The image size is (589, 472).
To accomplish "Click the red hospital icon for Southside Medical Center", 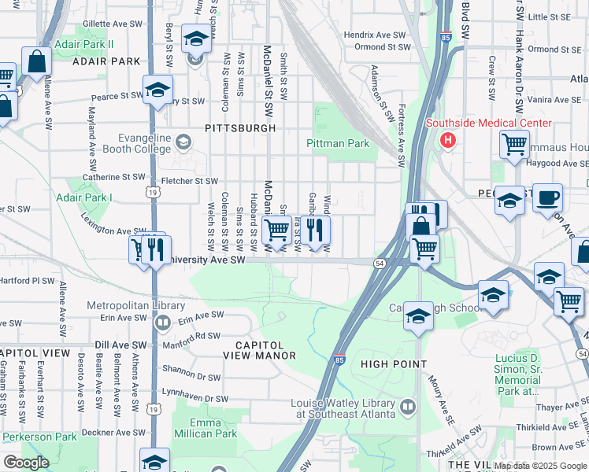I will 448,142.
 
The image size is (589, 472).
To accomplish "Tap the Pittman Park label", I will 338,144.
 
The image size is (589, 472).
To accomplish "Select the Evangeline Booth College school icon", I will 183,142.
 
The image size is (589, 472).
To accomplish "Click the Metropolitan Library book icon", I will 163,322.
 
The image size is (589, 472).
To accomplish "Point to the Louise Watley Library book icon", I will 407,407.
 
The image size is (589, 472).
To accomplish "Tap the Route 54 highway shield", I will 380,264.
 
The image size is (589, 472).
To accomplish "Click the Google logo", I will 25,463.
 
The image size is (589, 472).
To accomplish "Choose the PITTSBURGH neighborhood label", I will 240,127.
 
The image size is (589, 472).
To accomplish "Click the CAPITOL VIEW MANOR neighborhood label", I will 265,350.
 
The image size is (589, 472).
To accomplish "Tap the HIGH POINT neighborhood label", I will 394,364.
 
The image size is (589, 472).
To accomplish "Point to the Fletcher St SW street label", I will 189,181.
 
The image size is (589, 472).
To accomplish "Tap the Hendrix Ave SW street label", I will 376,35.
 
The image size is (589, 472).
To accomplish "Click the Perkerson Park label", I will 38,437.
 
